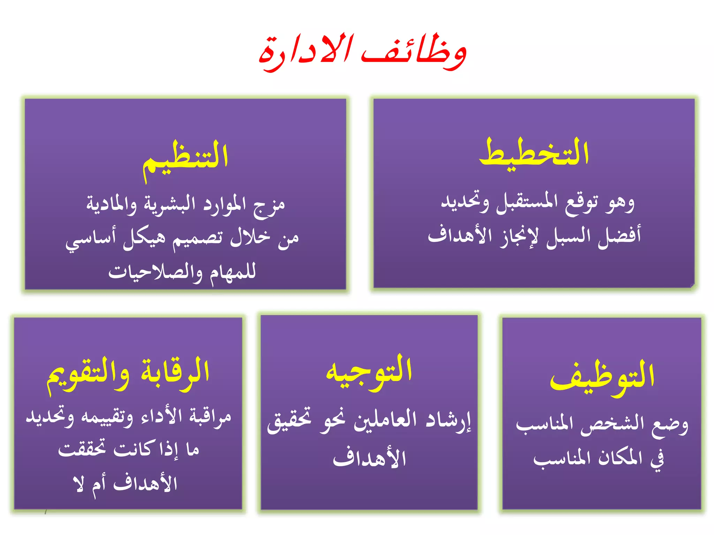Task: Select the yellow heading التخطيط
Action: click(x=534, y=153)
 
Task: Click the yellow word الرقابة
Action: click(x=175, y=373)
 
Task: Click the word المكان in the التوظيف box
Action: click(x=620, y=458)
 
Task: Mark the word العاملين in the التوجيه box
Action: click(x=385, y=420)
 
